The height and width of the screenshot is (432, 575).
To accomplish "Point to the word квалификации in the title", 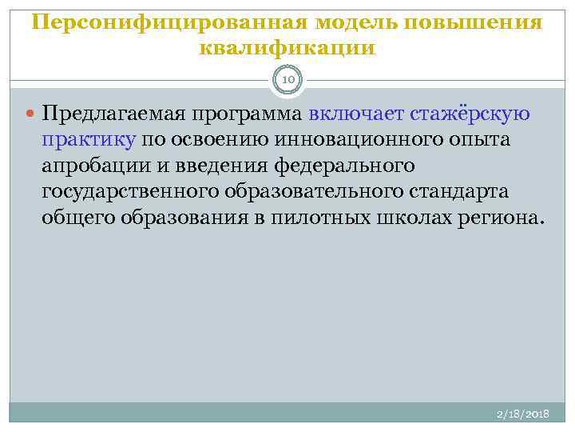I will pyautogui.click(x=287, y=47).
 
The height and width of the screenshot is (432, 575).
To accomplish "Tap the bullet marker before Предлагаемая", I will pyautogui.click(x=30, y=114).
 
